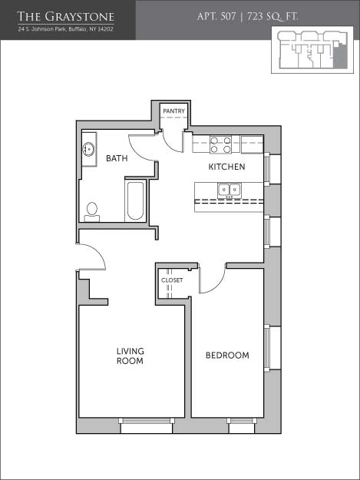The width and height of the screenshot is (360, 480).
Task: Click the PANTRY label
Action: (x=173, y=111)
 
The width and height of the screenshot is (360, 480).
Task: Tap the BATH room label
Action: (x=117, y=158)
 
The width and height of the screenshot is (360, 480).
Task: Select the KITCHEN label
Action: (x=226, y=167)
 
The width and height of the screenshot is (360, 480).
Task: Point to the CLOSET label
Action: (x=172, y=280)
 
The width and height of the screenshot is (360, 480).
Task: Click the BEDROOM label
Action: (x=227, y=356)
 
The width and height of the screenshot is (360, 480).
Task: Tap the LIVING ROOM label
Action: (x=130, y=356)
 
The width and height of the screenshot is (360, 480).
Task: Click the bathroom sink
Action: (x=89, y=150)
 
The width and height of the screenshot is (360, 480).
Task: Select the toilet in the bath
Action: (x=92, y=212)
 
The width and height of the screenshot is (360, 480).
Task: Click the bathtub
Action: (x=135, y=200)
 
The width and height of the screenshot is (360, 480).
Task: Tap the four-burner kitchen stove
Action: (x=220, y=145)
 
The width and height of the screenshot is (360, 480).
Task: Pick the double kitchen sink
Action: (x=229, y=190)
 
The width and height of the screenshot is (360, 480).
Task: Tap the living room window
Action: (x=147, y=425)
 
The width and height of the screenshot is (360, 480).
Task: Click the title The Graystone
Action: (x=66, y=17)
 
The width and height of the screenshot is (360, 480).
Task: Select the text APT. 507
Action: (x=216, y=16)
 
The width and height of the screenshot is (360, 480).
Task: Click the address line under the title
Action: (x=66, y=29)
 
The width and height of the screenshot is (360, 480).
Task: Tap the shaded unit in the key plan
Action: (x=339, y=57)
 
